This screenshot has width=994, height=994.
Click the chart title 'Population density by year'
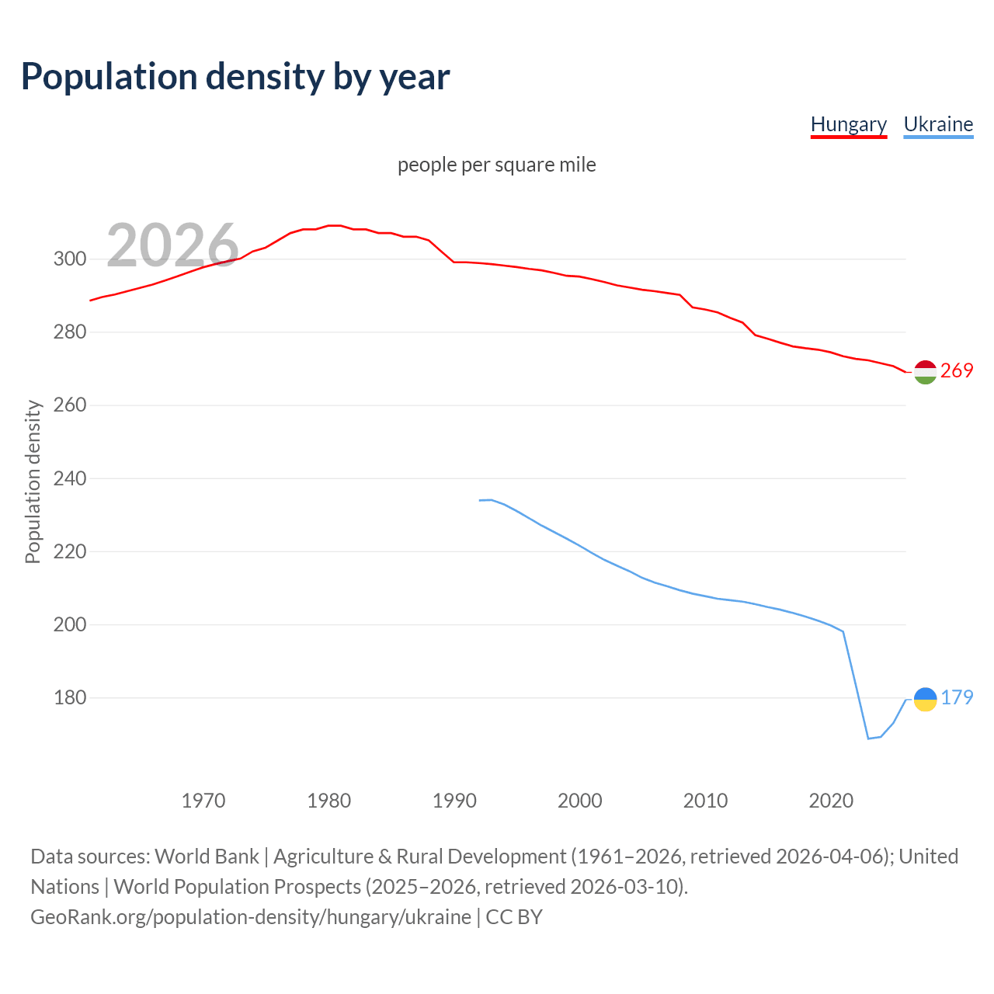coord(235,76)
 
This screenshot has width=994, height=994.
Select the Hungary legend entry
coord(848,124)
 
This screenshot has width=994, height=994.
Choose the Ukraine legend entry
coord(938,124)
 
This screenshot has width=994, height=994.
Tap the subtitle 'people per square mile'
coord(496,165)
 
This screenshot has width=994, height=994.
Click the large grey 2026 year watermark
coord(172,245)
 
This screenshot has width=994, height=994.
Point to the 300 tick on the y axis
coord(69,259)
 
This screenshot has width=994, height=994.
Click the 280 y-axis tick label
coord(69,332)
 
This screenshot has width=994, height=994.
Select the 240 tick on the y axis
coord(69,478)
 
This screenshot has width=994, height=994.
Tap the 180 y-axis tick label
coord(69,697)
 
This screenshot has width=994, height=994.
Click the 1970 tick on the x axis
coord(203,800)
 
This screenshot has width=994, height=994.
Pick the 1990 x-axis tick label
coord(454,800)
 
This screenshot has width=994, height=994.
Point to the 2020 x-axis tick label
coord(831,800)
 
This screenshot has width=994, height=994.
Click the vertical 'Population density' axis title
coord(33,481)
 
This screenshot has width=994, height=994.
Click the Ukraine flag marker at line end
coord(925,699)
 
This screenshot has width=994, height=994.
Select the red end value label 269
coord(957,371)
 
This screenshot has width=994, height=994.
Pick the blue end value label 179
coord(957,697)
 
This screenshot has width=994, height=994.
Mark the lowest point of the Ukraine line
coord(868,739)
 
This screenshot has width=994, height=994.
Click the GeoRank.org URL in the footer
coord(251,917)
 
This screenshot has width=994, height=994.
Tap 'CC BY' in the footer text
coord(514,917)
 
